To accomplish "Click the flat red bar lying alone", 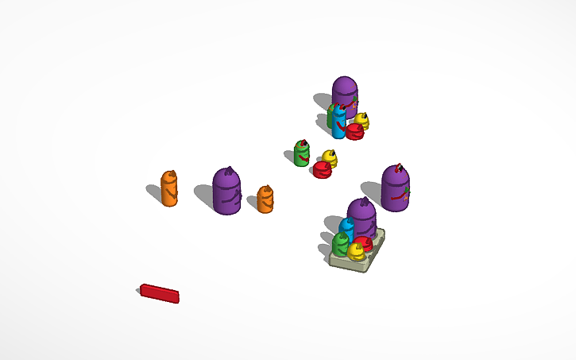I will click(x=160, y=293).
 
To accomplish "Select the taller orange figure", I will click(x=169, y=189).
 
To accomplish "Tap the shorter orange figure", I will click(x=265, y=199).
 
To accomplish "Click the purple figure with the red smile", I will click(x=395, y=189).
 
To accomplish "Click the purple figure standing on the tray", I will click(x=362, y=219).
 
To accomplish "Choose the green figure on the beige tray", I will click(x=341, y=244).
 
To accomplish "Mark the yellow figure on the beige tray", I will click(x=357, y=252).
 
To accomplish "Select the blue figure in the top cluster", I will click(x=339, y=121).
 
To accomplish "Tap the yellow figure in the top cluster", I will click(x=362, y=120).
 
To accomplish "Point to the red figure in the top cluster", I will click(x=354, y=131).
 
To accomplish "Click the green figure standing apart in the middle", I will click(x=302, y=153).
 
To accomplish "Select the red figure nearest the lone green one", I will click(x=322, y=170).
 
